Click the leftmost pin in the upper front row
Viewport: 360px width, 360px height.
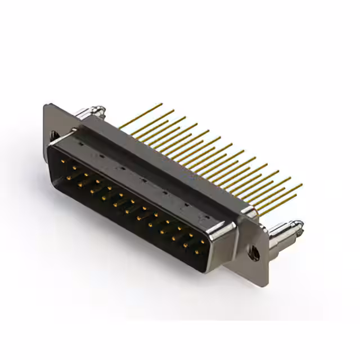coord(63,160)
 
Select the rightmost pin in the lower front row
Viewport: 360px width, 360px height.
coord(196,252)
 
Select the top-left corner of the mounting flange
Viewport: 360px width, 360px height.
coord(45,104)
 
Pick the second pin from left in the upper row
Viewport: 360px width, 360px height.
coord(74,167)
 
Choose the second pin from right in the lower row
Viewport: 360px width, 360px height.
coord(184,245)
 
